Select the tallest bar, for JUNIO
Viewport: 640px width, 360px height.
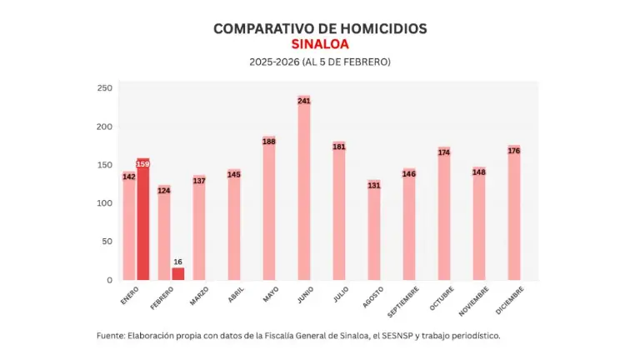pos(304,192)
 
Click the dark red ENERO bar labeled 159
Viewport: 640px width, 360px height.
pos(143,221)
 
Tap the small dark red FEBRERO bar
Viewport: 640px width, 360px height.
pos(178,273)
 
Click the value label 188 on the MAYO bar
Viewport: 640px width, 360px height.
pos(269,142)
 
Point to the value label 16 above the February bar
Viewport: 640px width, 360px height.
pos(178,262)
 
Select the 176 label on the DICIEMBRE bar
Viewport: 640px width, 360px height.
pos(514,151)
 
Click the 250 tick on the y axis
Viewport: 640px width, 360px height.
pos(104,88)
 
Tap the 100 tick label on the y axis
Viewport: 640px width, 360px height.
pos(104,203)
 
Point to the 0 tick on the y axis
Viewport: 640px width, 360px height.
pos(108,280)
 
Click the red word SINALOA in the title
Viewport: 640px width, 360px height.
pos(320,44)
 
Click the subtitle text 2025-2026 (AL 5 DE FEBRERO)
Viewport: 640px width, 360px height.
pos(320,62)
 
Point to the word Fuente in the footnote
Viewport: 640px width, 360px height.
pos(110,336)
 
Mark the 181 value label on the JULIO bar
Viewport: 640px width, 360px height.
pos(339,147)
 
